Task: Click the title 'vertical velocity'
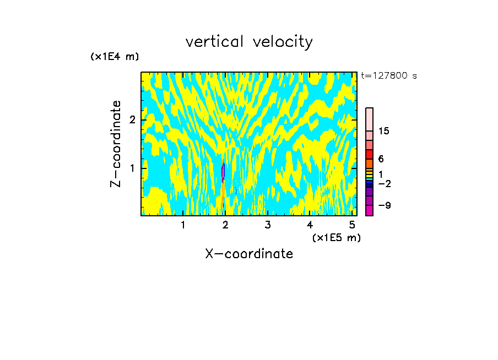249,42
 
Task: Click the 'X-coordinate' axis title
249,254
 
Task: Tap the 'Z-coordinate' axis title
116,144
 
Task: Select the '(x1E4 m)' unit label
115,57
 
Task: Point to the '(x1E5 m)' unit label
336,237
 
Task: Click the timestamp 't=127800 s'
389,75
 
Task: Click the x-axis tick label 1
183,225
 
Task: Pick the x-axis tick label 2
225,225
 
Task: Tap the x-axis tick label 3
268,225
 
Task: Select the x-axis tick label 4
310,225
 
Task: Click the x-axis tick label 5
352,225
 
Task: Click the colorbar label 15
384,131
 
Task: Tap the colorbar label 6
381,159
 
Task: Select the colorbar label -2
385,183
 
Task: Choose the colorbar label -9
385,205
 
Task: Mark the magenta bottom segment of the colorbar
369,210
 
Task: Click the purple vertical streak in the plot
223,172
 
